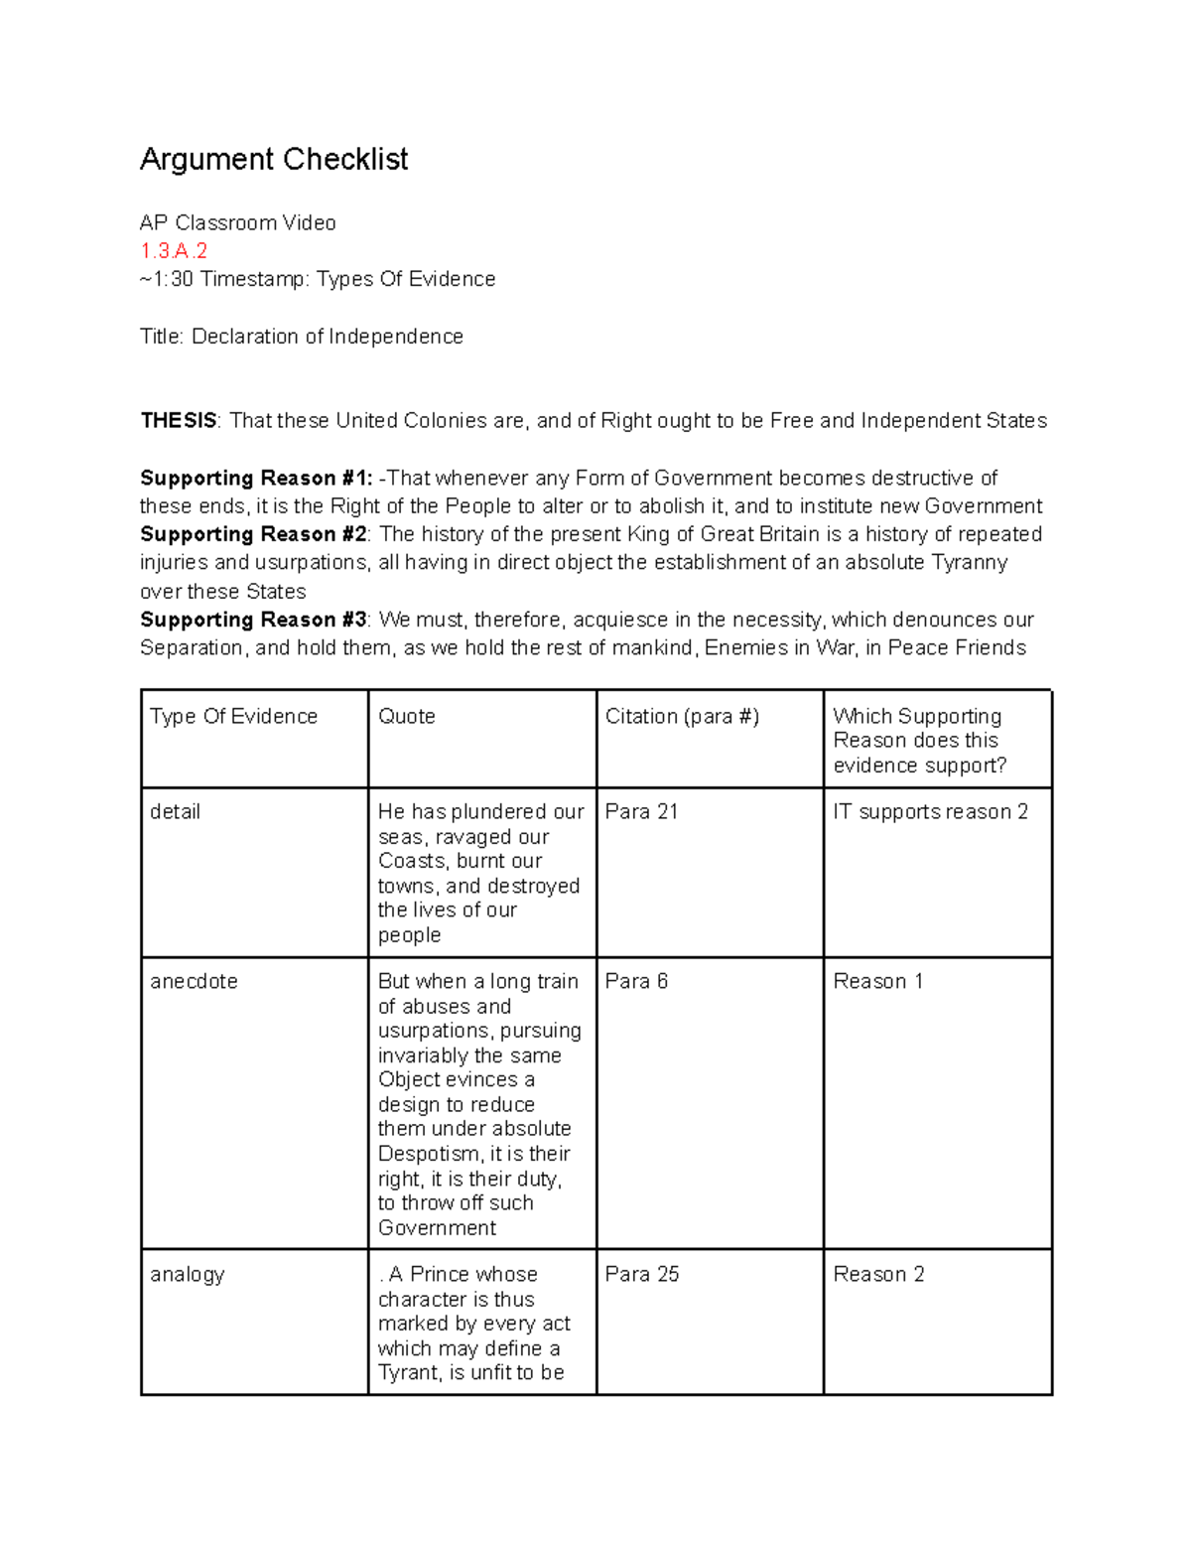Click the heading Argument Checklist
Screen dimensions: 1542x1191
(x=273, y=159)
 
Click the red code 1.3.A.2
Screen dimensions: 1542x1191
(x=174, y=250)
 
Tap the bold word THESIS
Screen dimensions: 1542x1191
(x=178, y=421)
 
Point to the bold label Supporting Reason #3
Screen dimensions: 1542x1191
(x=253, y=620)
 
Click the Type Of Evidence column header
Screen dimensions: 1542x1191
(x=233, y=716)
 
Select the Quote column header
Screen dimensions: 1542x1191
(x=406, y=716)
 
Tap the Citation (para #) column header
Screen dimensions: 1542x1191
(x=682, y=716)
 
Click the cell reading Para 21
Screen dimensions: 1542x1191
(x=641, y=811)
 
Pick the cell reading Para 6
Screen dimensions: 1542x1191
(x=636, y=981)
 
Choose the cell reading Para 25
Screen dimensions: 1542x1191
(x=641, y=1274)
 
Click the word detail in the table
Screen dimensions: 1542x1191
(x=175, y=811)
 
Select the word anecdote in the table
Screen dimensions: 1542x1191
(x=194, y=981)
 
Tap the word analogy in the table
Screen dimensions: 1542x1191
(x=187, y=1274)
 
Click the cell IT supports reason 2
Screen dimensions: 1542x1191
(x=930, y=811)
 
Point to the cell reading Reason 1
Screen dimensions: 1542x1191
(x=877, y=981)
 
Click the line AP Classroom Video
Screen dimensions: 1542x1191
(x=237, y=222)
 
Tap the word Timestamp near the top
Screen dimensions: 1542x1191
(x=252, y=279)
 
